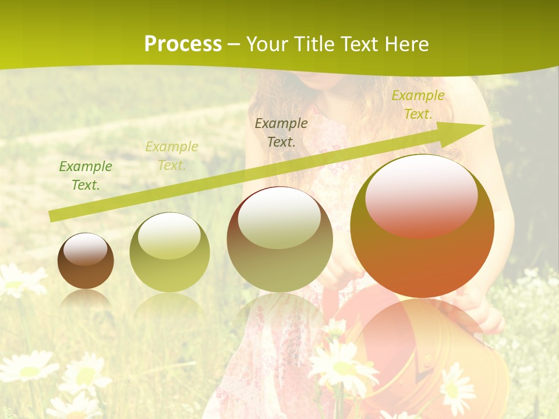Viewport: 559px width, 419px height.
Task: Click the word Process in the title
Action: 183,44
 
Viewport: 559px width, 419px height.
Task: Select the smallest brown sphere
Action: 86,261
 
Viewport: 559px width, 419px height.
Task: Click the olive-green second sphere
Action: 169,253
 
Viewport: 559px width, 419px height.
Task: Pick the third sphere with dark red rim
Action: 279,239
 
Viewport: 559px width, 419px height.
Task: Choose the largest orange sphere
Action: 422,226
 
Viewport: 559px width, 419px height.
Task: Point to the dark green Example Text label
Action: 86,175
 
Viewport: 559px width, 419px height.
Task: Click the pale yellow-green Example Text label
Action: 172,155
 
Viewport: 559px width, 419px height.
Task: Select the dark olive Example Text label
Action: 281,132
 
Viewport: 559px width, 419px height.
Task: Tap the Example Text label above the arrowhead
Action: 418,105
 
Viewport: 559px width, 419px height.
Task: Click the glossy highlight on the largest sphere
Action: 421,197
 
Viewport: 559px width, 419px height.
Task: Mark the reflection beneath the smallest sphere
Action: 86,300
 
